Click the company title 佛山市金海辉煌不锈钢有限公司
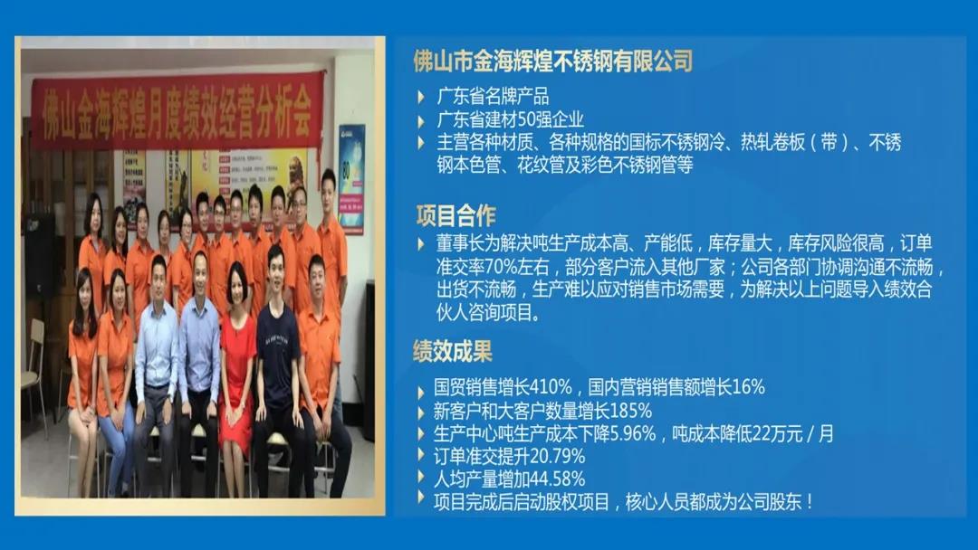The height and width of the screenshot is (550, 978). [552, 61]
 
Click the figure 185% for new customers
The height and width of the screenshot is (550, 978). [630, 411]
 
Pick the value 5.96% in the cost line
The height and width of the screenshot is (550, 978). [628, 433]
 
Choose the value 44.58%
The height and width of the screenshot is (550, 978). [559, 479]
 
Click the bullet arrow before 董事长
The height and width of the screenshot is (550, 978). [420, 244]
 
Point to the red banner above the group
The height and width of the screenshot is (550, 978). [176, 108]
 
